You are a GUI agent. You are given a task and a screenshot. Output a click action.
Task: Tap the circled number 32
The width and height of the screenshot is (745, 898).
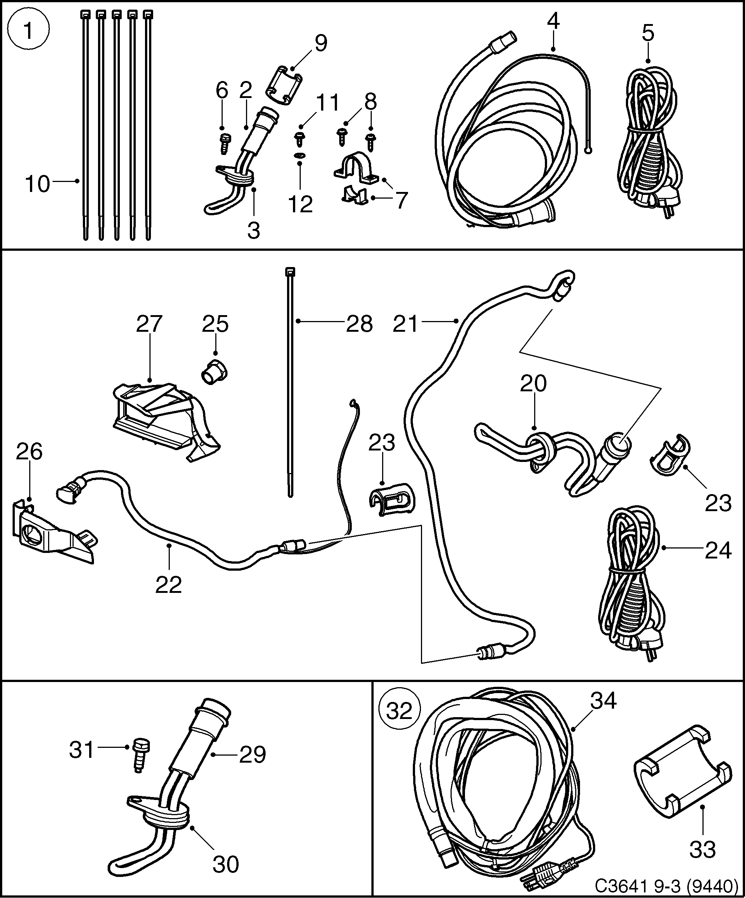(x=400, y=711)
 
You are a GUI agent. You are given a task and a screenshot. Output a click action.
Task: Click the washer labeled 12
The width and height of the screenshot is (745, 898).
(x=300, y=156)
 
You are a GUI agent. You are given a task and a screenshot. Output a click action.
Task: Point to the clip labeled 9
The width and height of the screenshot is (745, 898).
(x=284, y=84)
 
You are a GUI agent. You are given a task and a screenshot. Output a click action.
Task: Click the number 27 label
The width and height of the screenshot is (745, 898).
(x=149, y=324)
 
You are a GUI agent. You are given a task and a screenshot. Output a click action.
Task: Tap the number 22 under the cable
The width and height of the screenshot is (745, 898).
(x=169, y=585)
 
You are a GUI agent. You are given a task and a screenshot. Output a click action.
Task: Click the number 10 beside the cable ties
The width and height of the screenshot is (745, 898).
(x=38, y=184)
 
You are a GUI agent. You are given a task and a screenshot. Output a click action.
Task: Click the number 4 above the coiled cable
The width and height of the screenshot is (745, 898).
(x=553, y=21)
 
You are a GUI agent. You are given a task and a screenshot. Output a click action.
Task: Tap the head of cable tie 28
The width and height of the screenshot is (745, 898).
(x=290, y=272)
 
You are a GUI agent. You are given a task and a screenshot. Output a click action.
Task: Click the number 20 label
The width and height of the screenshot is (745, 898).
(x=533, y=383)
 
